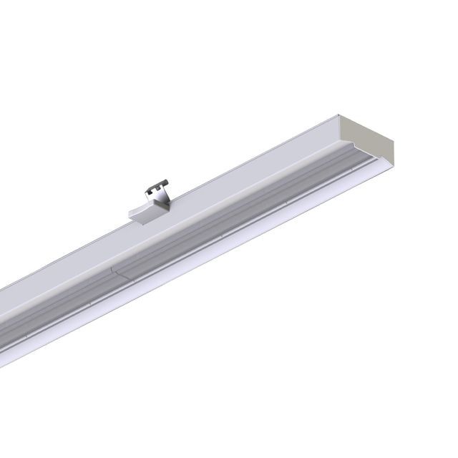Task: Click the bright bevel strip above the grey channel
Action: (286, 165)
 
